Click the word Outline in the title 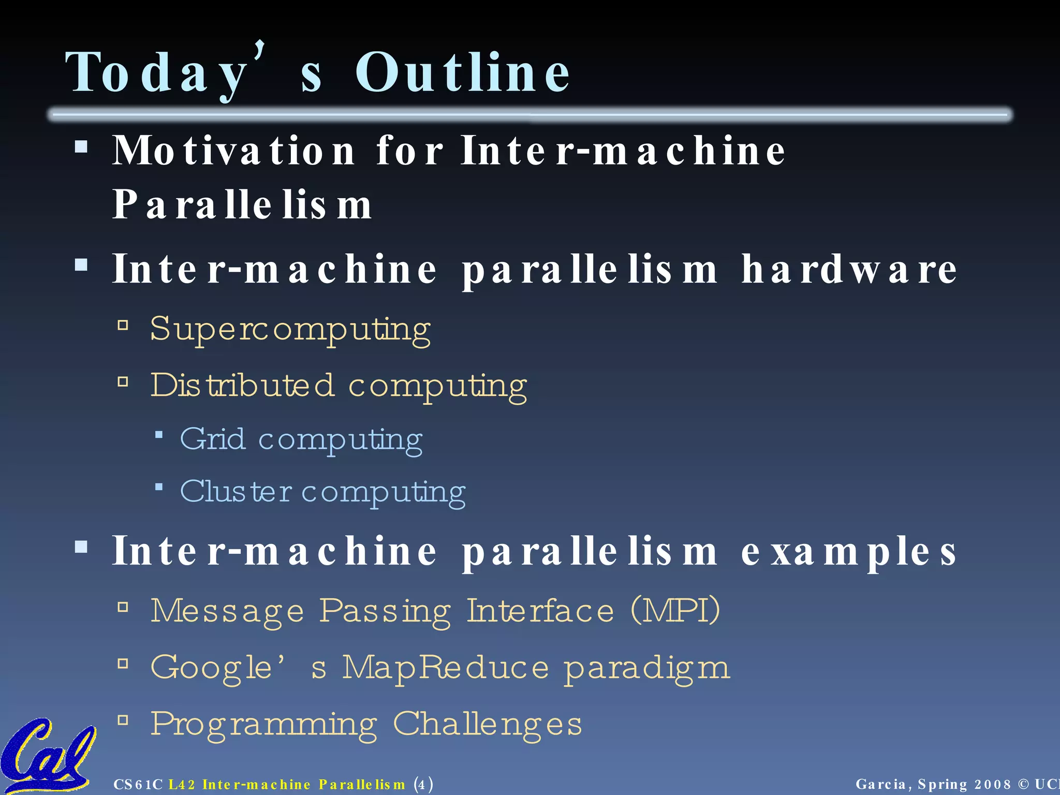(x=462, y=73)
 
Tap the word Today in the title (x=155, y=73)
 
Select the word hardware (x=849, y=270)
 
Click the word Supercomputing (x=290, y=329)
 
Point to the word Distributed (x=242, y=386)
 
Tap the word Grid (x=212, y=439)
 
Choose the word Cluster (x=236, y=491)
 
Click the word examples (x=849, y=552)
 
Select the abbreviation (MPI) (x=675, y=611)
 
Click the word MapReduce (x=445, y=667)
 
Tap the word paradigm (x=647, y=668)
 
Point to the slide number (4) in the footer (x=423, y=784)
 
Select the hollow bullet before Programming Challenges (x=123, y=720)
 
